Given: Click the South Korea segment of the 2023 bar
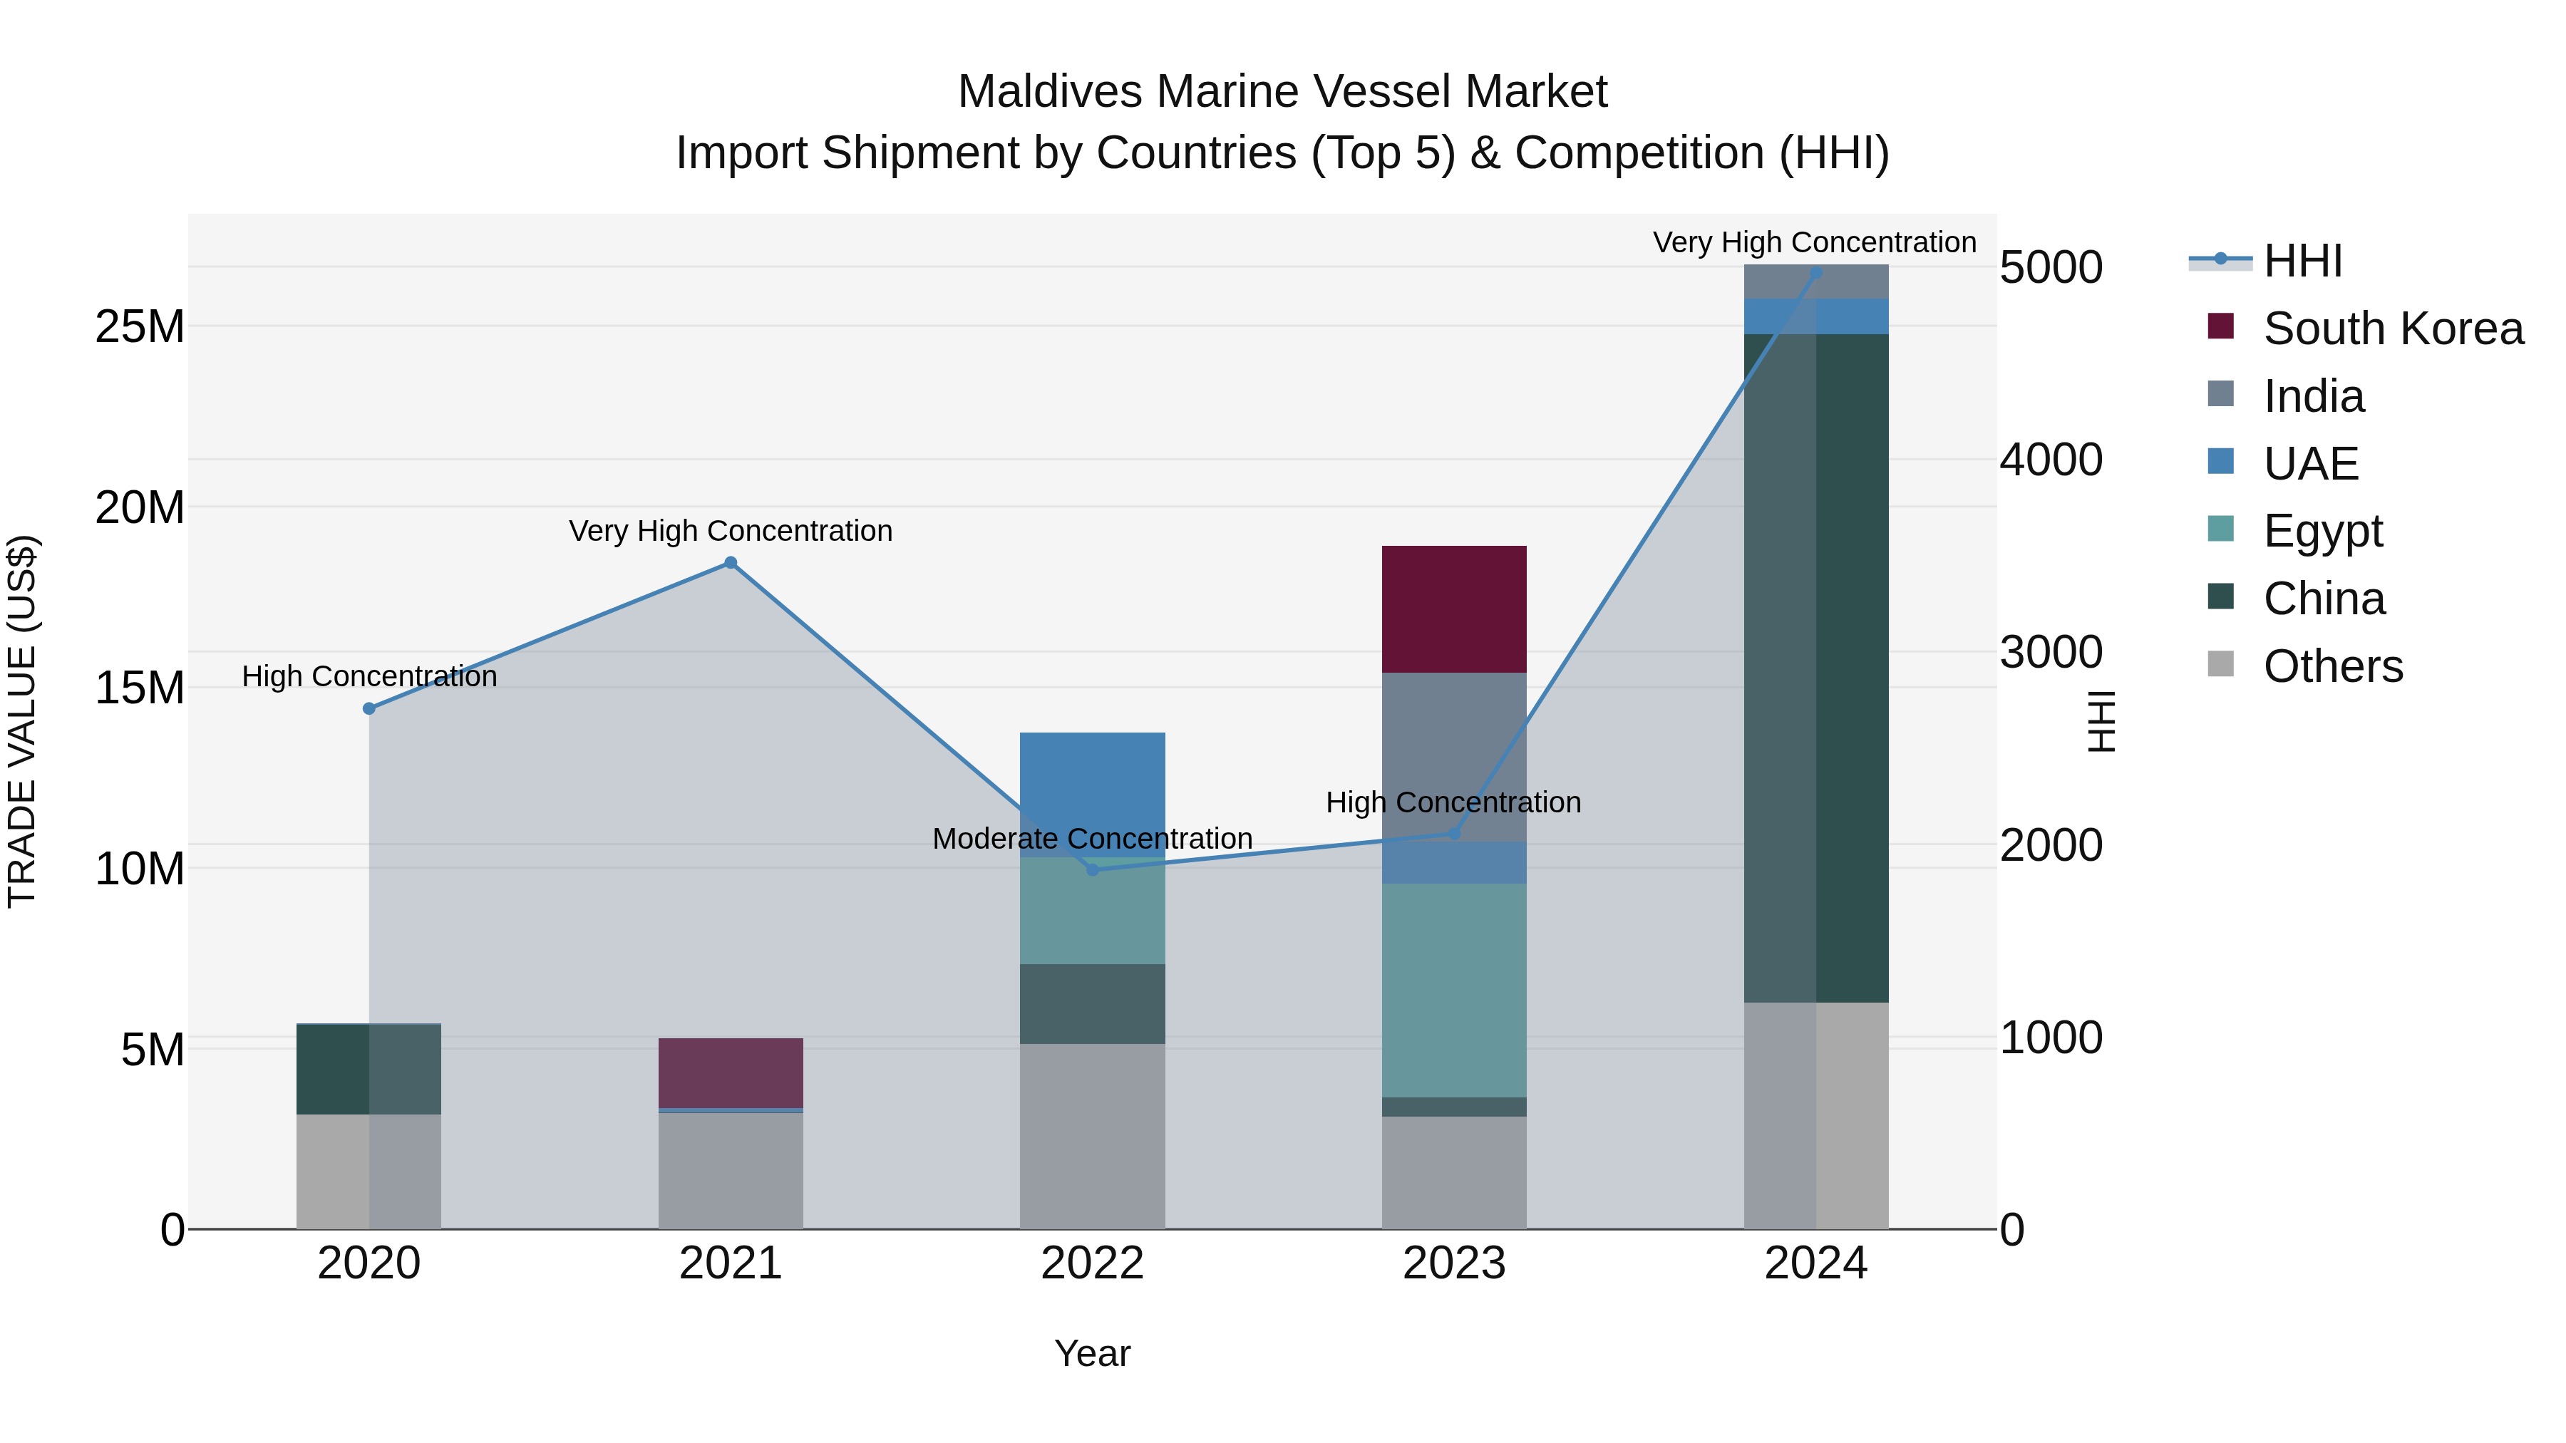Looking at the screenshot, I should [x=1453, y=609].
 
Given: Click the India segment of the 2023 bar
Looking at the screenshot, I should [x=1453, y=756].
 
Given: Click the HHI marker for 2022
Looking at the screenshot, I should [x=1092, y=869].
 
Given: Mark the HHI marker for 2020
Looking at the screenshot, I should [x=369, y=708].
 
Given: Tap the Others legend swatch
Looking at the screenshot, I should [x=2220, y=664].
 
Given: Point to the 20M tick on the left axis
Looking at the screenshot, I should [x=140, y=508].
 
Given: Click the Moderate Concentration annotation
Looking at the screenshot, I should [x=1092, y=839].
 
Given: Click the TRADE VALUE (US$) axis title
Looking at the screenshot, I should [x=22, y=721].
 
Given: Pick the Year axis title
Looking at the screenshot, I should [x=1092, y=1353].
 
